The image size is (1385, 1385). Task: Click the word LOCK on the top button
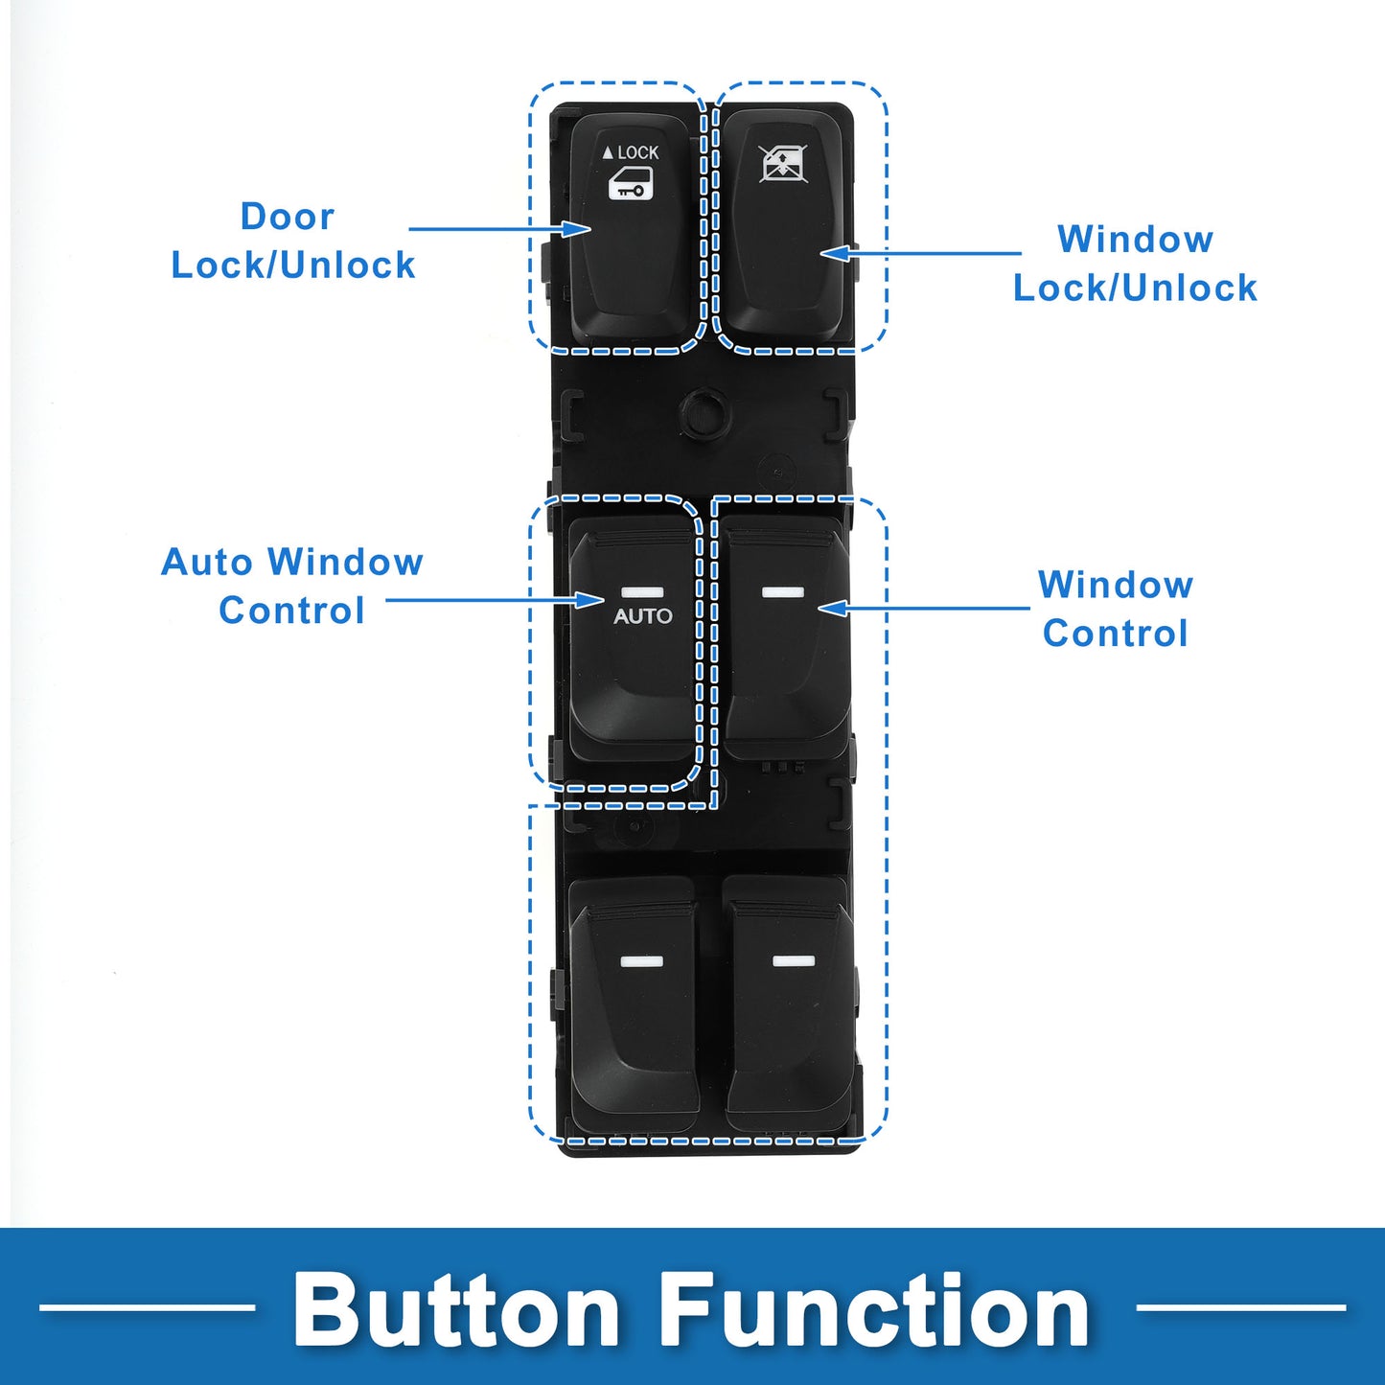(x=638, y=152)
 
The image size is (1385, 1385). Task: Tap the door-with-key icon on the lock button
(x=631, y=183)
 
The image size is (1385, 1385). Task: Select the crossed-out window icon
(x=783, y=164)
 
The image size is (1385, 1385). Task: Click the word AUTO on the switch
(x=642, y=616)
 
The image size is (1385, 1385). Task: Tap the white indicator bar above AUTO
(x=642, y=593)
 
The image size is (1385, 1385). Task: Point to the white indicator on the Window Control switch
(x=783, y=592)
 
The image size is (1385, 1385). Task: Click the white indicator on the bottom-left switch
(x=642, y=961)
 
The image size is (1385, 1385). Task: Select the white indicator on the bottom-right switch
(x=794, y=961)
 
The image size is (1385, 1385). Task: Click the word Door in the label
(x=288, y=217)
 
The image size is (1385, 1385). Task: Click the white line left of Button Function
(x=148, y=1308)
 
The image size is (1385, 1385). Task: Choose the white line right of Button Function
(x=1241, y=1308)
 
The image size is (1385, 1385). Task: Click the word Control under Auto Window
(x=291, y=611)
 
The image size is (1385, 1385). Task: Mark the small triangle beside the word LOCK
(x=608, y=152)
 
